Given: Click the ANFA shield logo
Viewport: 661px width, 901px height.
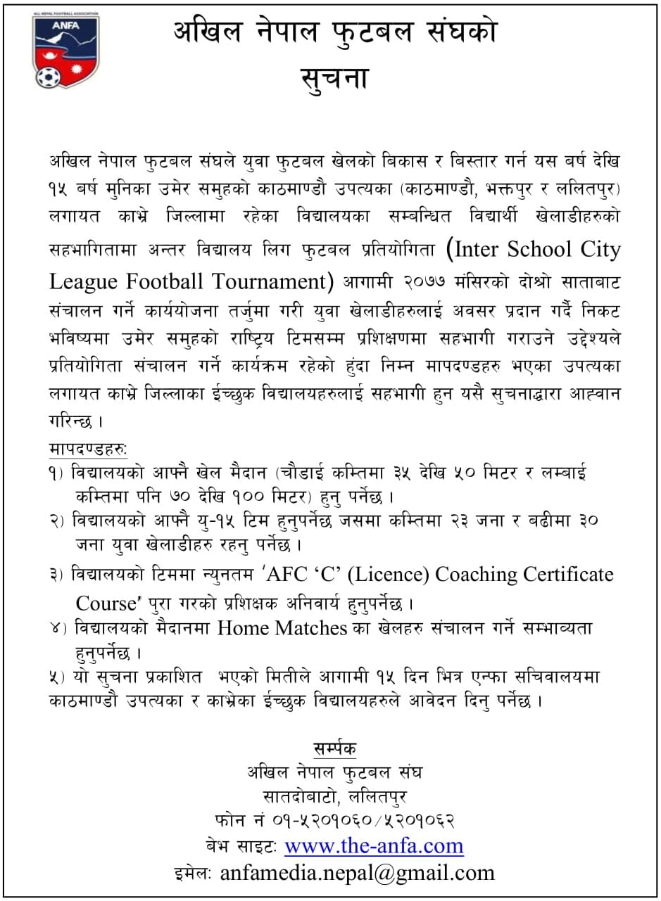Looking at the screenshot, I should [x=65, y=51].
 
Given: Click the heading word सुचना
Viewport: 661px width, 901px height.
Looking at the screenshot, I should [x=334, y=78].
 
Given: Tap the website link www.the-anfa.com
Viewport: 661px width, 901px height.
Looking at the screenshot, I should [x=374, y=845].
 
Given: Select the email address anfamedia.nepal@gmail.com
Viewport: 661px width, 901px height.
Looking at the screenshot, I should [x=357, y=873].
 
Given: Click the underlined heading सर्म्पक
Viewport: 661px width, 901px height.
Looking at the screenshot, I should [x=335, y=748].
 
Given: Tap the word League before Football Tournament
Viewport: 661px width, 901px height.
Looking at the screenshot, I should [x=86, y=281].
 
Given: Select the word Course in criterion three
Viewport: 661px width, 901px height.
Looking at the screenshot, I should [x=105, y=603].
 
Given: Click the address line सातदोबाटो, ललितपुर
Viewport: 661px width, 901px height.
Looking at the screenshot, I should [x=334, y=797].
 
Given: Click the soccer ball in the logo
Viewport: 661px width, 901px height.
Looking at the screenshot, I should [x=49, y=75].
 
